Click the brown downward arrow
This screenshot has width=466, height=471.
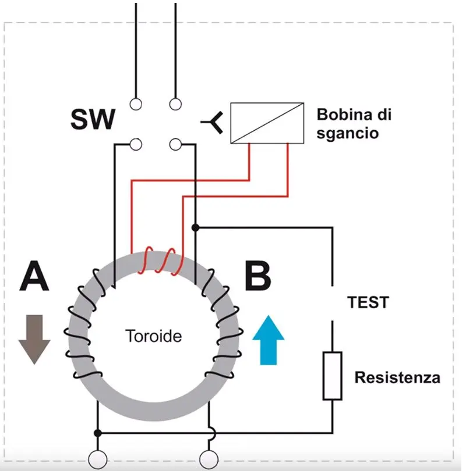click(34, 339)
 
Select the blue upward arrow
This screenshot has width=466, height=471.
click(269, 339)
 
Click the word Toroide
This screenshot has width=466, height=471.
click(153, 336)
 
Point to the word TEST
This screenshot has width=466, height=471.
click(368, 303)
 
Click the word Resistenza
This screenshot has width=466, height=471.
click(397, 378)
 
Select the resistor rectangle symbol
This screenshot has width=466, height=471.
click(332, 376)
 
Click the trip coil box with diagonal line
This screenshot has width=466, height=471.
click(267, 123)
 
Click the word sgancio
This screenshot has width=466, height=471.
click(348, 133)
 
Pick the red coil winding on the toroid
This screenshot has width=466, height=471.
click(159, 259)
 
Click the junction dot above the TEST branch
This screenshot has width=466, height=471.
click(196, 227)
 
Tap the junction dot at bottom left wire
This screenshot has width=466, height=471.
click(98, 433)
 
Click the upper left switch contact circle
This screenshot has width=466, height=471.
click(136, 104)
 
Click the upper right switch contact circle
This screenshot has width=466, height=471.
click(175, 104)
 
